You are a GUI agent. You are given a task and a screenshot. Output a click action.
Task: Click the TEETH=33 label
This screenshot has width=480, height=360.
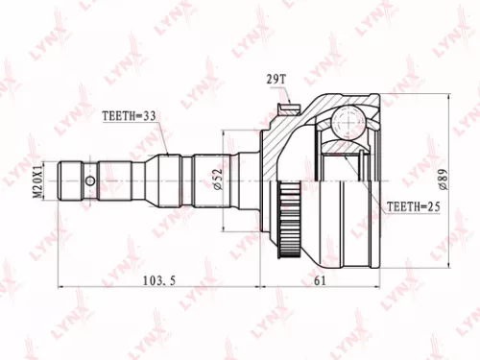tap(130, 118)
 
